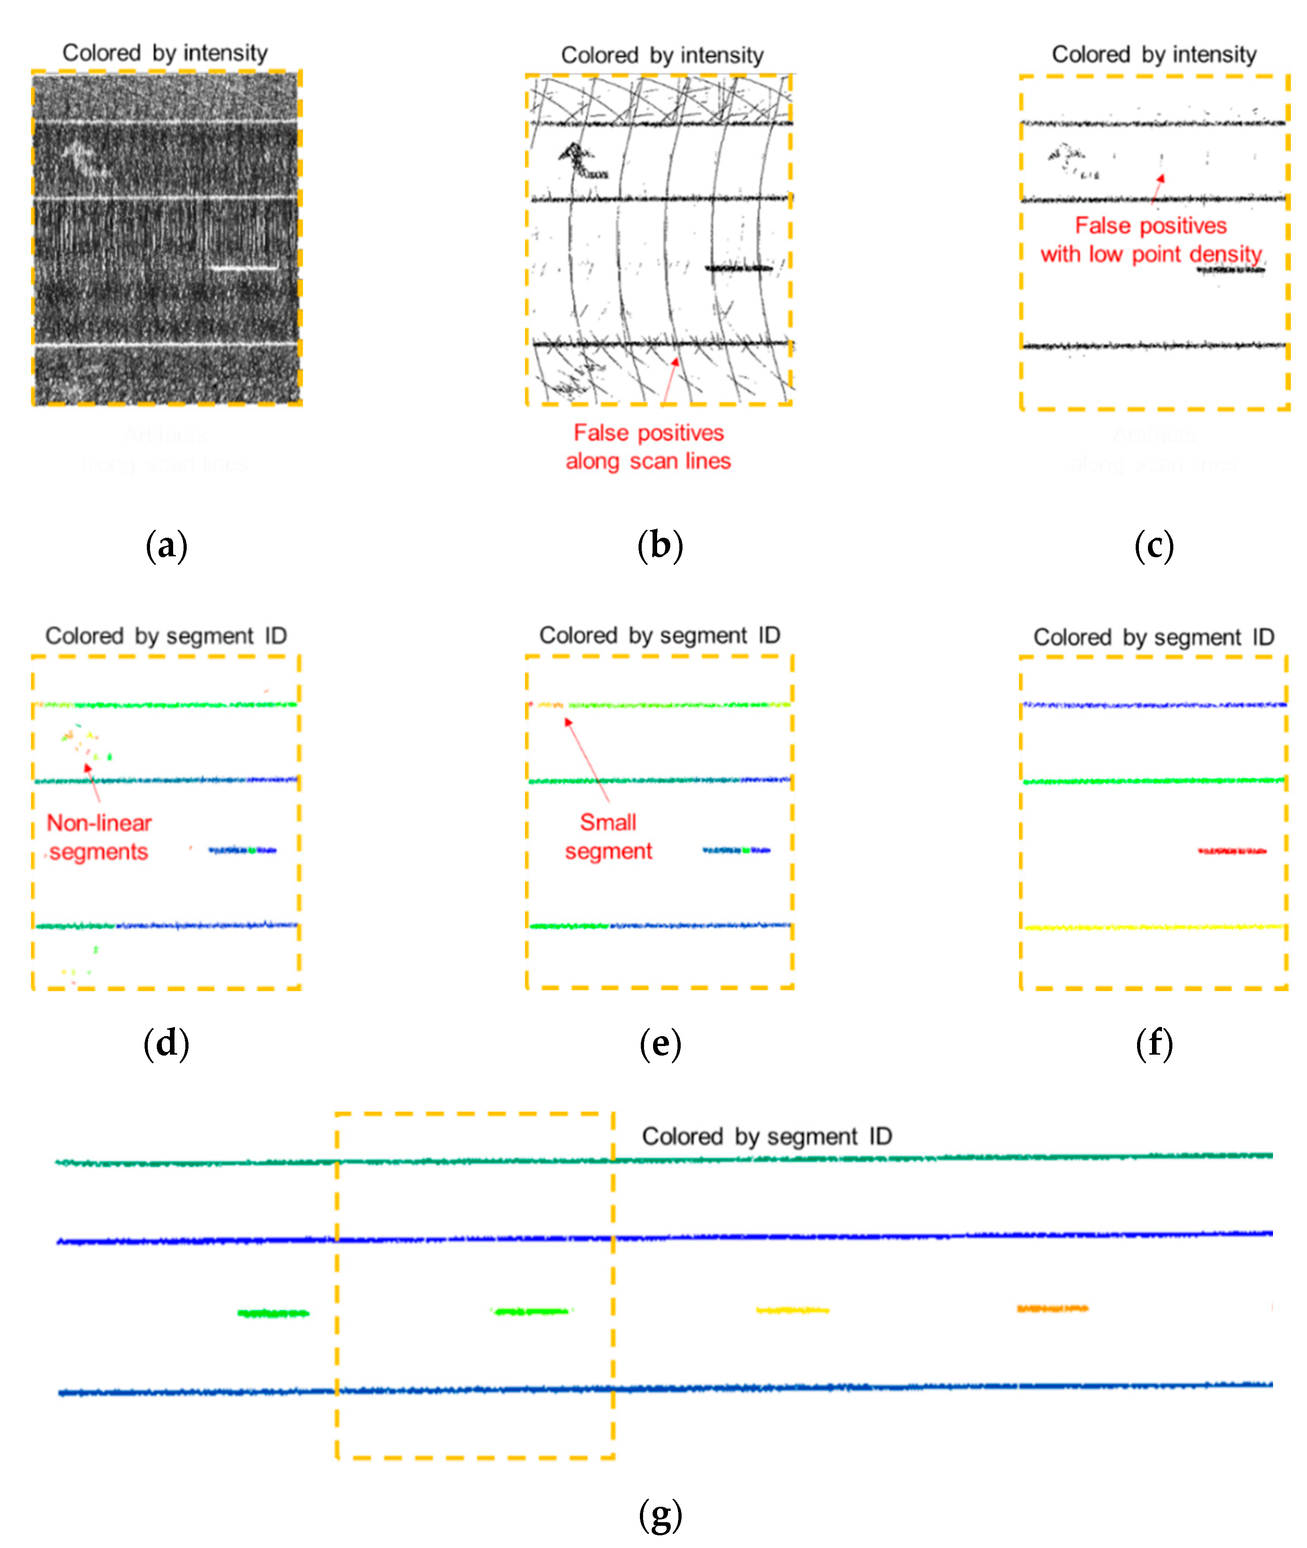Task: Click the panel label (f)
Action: coord(1154,1044)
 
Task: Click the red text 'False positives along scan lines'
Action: coord(649,447)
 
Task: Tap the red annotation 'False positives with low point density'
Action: coord(1151,239)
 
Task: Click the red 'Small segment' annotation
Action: coord(608,836)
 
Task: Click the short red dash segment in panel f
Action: coord(1231,851)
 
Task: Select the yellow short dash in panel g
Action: coord(792,1310)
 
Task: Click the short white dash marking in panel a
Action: coord(242,267)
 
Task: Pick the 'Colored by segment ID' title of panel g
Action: coord(766,1136)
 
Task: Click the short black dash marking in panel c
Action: coord(1230,270)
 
